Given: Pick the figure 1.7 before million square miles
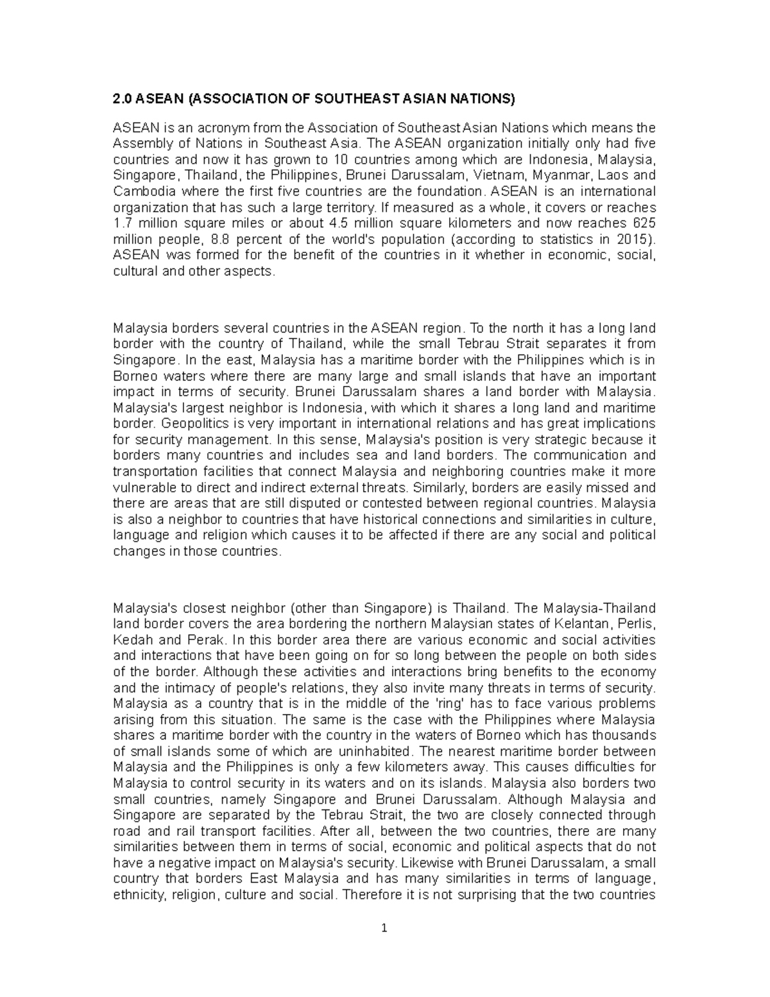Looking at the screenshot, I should point(120,223).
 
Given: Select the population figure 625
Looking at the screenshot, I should point(644,223).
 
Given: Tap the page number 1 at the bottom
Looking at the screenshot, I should point(384,929).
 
